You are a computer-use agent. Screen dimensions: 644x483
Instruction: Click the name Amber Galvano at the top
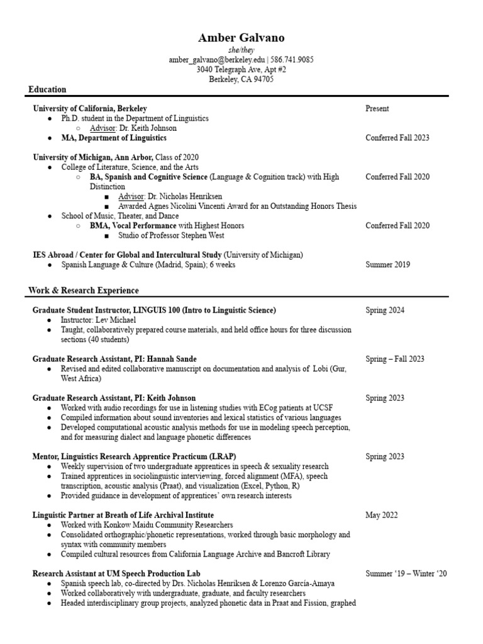pyautogui.click(x=241, y=38)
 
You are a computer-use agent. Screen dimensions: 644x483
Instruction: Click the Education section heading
pyautogui.click(x=47, y=89)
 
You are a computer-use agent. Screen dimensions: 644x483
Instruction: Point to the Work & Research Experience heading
pyautogui.click(x=84, y=291)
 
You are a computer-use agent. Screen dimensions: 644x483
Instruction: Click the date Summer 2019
pyautogui.click(x=387, y=265)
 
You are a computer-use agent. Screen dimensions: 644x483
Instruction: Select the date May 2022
pyautogui.click(x=382, y=515)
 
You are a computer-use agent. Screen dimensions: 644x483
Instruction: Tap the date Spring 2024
pyautogui.click(x=385, y=310)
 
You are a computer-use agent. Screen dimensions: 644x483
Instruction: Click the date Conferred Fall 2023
pyautogui.click(x=397, y=138)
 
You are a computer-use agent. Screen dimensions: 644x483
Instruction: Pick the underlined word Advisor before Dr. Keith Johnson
pyautogui.click(x=103, y=128)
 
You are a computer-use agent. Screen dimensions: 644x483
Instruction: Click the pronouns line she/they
pyautogui.click(x=241, y=50)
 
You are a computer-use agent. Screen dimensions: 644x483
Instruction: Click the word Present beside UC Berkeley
pyautogui.click(x=377, y=108)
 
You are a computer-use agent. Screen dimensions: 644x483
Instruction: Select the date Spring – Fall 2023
pyautogui.click(x=395, y=359)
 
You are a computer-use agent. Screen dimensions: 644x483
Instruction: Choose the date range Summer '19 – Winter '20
pyautogui.click(x=406, y=574)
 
